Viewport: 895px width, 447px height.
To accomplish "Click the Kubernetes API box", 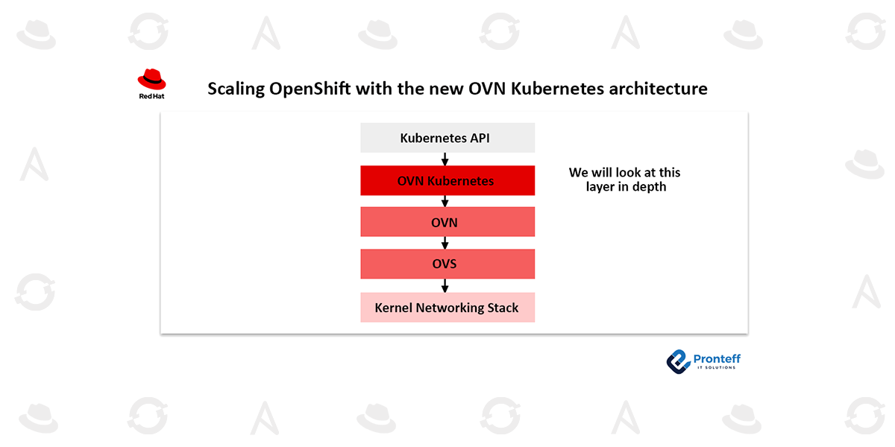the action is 447,138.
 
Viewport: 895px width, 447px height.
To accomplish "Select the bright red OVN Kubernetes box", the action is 447,180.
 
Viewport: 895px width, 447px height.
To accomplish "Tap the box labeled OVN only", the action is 447,222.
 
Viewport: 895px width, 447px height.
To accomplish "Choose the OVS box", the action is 447,264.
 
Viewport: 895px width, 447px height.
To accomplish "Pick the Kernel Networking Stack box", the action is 447,307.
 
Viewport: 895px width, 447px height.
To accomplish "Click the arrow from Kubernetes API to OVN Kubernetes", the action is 445,159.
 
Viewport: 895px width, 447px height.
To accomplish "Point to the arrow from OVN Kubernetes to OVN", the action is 445,201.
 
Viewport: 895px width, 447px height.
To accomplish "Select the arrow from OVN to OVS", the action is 445,243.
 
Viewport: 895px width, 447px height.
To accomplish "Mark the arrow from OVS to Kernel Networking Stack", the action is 445,286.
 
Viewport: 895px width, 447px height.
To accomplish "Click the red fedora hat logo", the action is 152,79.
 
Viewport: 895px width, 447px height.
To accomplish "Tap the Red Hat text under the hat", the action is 152,96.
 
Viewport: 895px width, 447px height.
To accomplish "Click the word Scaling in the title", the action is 236,89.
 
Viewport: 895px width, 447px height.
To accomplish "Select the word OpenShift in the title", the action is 310,89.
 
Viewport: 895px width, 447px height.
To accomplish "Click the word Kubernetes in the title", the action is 557,89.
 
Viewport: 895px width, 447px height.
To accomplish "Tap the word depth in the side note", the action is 650,187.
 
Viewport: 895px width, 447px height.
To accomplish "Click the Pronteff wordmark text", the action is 717,358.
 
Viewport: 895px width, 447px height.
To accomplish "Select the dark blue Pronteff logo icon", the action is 678,361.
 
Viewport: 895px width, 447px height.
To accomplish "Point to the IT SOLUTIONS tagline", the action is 717,367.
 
